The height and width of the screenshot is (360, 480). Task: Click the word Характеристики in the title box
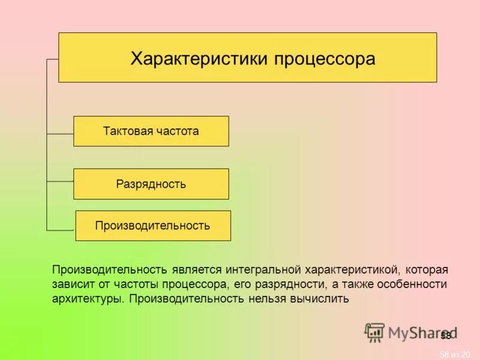pyautogui.click(x=200, y=59)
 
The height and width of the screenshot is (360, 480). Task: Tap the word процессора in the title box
pyautogui.click(x=325, y=59)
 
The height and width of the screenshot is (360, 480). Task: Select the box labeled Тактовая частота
pyautogui.click(x=151, y=131)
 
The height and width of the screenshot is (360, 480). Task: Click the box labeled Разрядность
pyautogui.click(x=151, y=184)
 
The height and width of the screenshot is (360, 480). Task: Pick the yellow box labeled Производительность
pyautogui.click(x=153, y=226)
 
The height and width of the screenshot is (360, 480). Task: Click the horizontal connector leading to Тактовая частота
pyautogui.click(x=60, y=133)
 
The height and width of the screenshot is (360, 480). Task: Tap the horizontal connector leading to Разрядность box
pyautogui.click(x=60, y=181)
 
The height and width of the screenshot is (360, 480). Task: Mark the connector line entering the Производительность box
pyautogui.click(x=61, y=230)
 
